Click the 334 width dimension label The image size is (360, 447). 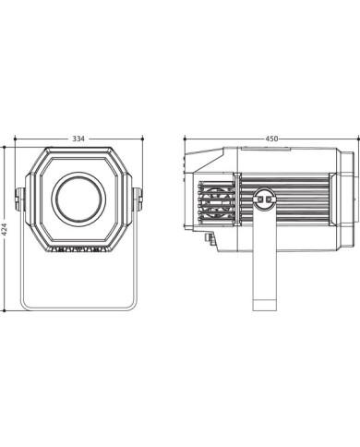(78, 139)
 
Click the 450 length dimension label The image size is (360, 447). (271, 139)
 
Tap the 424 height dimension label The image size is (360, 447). (5, 229)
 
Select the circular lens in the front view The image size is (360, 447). (79, 199)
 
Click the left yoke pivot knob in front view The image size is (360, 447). (19, 199)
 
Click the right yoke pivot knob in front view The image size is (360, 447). (138, 199)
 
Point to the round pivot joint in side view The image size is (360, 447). (264, 199)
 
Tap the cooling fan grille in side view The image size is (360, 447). (216, 201)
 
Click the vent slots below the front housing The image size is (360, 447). (78, 249)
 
